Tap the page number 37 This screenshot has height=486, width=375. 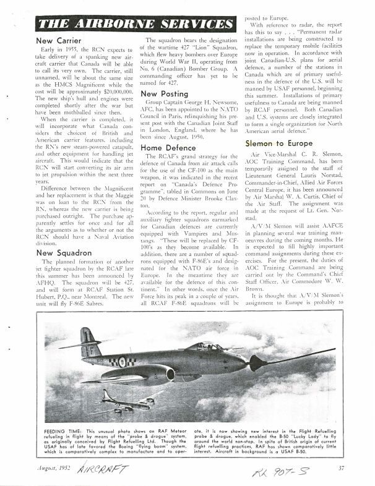coord(351,467)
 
